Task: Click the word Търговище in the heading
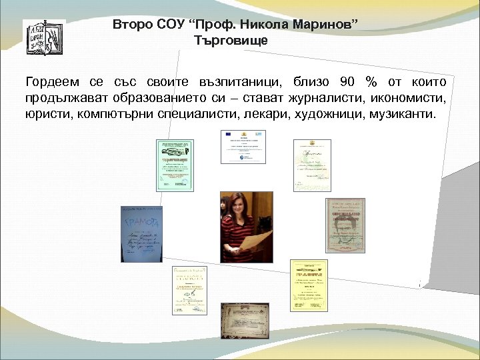pos(231,41)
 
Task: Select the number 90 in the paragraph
pos(347,82)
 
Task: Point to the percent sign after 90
pos(371,82)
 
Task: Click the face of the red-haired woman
pos(239,203)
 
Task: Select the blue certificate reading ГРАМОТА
pos(141,234)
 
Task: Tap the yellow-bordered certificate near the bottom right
pos(309,285)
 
